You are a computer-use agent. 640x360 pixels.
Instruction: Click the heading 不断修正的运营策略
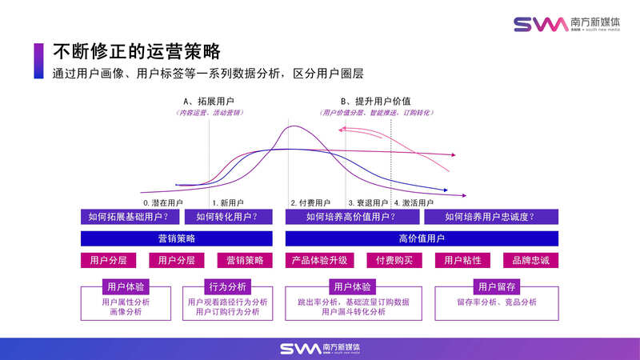tap(136, 52)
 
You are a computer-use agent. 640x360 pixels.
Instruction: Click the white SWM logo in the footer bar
tap(319, 349)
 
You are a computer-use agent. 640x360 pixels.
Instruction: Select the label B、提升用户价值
tap(375, 102)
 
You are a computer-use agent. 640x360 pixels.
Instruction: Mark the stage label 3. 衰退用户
tap(368, 203)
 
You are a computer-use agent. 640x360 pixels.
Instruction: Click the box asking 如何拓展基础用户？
tap(130, 217)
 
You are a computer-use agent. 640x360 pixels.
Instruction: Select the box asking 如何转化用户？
tap(233, 217)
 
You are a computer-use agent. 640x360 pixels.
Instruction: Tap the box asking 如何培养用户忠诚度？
tap(490, 217)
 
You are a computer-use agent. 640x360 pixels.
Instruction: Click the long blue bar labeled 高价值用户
tap(422, 238)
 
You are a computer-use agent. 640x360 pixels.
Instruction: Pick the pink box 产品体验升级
tap(319, 260)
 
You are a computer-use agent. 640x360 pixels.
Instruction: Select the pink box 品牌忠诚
tap(530, 260)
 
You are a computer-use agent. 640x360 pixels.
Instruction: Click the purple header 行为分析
tap(227, 286)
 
